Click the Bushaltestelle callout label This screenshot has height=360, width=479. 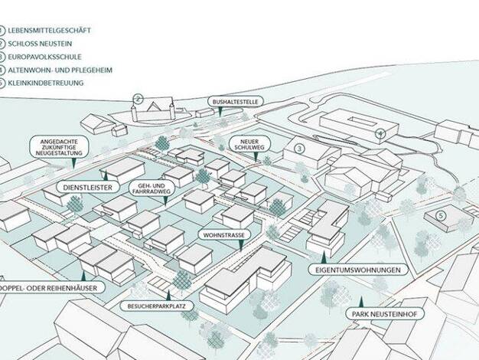tap(235, 102)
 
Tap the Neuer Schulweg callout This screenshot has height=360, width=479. tap(249, 144)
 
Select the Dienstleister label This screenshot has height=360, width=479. tap(88, 188)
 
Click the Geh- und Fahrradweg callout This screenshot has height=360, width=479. tap(152, 188)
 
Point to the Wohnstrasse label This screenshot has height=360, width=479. tap(224, 235)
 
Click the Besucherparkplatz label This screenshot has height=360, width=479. tap(156, 306)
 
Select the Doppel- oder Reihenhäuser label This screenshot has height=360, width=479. tap(49, 288)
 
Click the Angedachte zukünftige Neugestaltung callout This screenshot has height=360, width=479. tap(59, 147)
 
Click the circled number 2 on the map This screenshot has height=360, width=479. tap(138, 99)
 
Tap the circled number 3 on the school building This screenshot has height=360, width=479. tap(299, 149)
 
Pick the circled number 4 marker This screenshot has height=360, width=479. tap(380, 133)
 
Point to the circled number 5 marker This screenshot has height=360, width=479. tap(441, 216)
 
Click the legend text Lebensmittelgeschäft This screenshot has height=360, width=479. tap(49, 31)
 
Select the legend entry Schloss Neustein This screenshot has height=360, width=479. tap(40, 44)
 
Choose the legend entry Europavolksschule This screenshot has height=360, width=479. tap(44, 57)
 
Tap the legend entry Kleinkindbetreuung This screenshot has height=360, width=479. tap(45, 83)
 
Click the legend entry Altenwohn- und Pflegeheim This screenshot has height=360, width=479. tap(60, 70)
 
